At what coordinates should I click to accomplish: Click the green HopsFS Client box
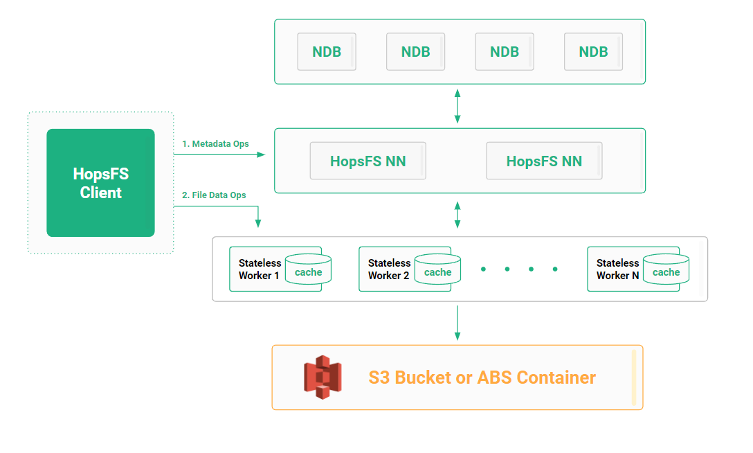[100, 183]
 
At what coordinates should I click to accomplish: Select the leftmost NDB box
[327, 51]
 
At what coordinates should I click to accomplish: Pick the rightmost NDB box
[593, 51]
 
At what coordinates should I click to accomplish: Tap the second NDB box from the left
[415, 51]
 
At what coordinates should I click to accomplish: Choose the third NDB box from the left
[504, 51]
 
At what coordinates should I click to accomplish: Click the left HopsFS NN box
[368, 161]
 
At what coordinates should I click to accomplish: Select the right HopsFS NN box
[544, 161]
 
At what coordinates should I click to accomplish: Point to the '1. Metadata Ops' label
[215, 144]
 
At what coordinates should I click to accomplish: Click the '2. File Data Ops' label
[214, 195]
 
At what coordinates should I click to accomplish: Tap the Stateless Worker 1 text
[260, 269]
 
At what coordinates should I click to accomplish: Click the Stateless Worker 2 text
[389, 269]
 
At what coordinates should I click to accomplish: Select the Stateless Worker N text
[617, 269]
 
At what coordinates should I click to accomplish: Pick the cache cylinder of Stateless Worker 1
[309, 269]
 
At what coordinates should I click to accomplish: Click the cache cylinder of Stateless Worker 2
[438, 269]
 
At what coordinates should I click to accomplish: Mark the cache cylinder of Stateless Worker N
[666, 269]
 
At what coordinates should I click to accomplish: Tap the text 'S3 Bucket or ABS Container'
[482, 377]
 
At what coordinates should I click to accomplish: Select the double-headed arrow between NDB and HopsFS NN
[457, 106]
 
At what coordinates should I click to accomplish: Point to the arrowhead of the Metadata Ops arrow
[261, 154]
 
